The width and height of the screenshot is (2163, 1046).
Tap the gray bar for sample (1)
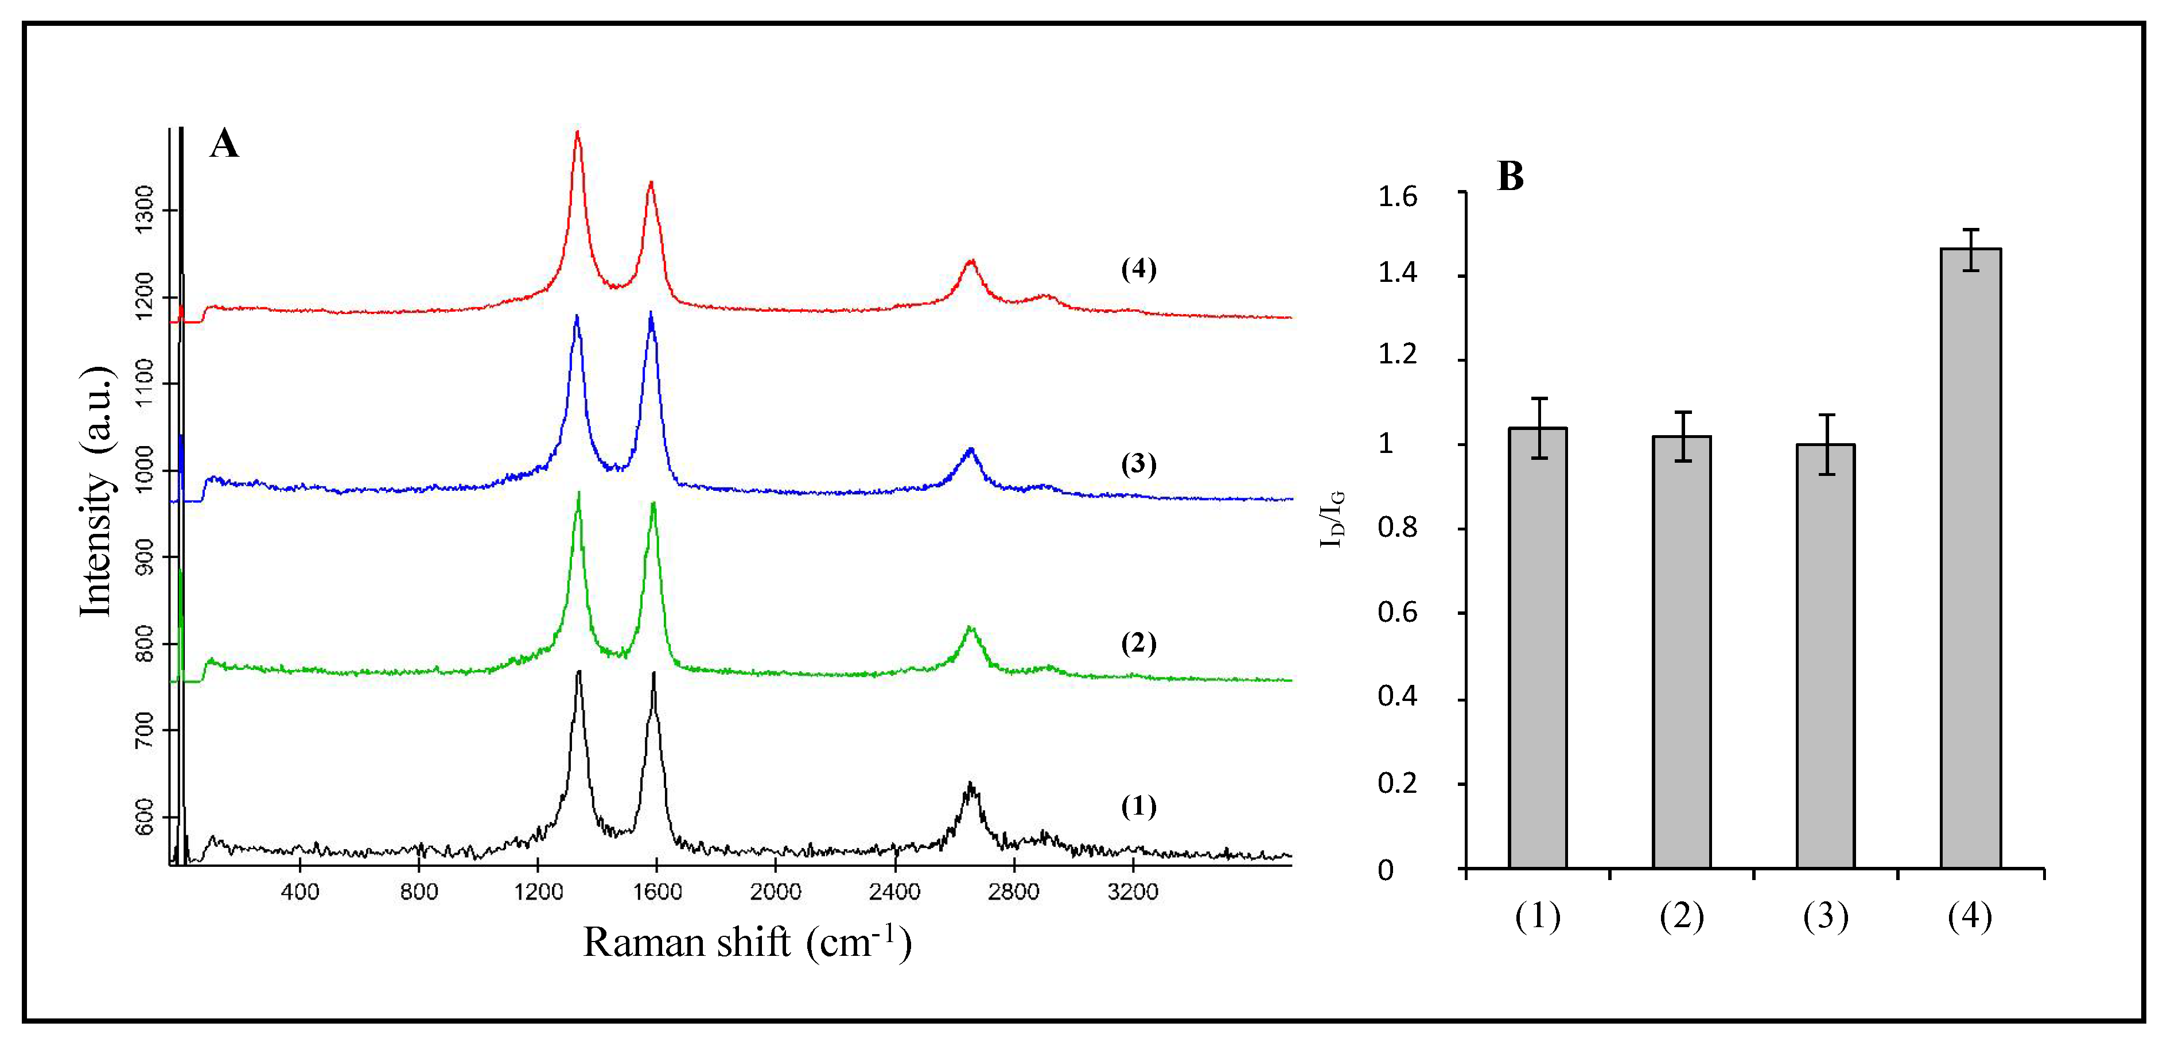[x=1538, y=648]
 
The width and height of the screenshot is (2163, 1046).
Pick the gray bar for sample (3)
[x=1826, y=655]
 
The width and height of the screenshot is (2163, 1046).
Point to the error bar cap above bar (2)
[x=1682, y=413]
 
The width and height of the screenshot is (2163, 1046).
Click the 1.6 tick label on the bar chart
[x=1397, y=197]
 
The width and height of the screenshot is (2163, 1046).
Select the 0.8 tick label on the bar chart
[x=1397, y=529]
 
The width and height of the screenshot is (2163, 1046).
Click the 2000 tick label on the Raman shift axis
[x=775, y=892]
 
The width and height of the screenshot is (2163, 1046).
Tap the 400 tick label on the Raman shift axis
[x=299, y=892]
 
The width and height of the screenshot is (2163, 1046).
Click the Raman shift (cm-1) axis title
[x=746, y=942]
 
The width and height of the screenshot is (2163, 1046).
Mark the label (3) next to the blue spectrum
[x=1139, y=464]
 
